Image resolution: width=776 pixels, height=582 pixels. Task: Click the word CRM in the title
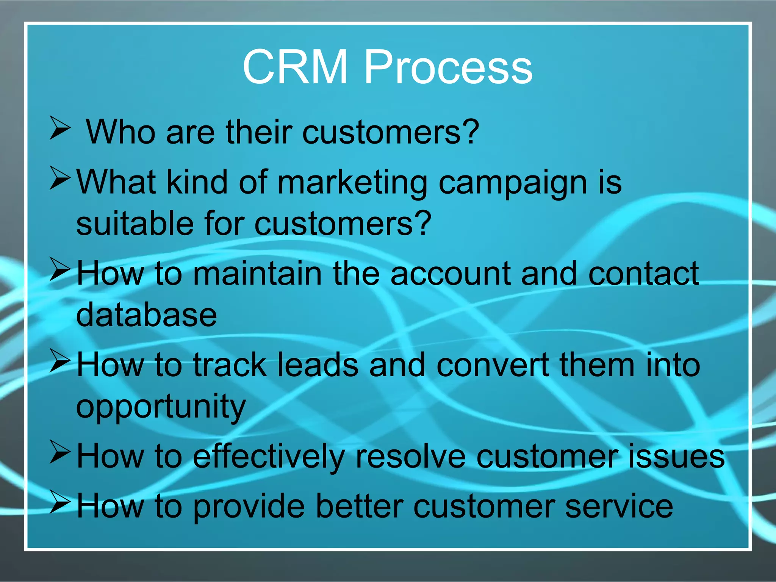point(295,67)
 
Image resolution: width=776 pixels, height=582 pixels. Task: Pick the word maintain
point(257,273)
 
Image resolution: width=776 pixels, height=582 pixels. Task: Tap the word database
point(146,315)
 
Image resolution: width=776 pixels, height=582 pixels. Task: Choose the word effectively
point(269,457)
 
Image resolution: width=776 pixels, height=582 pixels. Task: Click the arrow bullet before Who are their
point(60,128)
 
